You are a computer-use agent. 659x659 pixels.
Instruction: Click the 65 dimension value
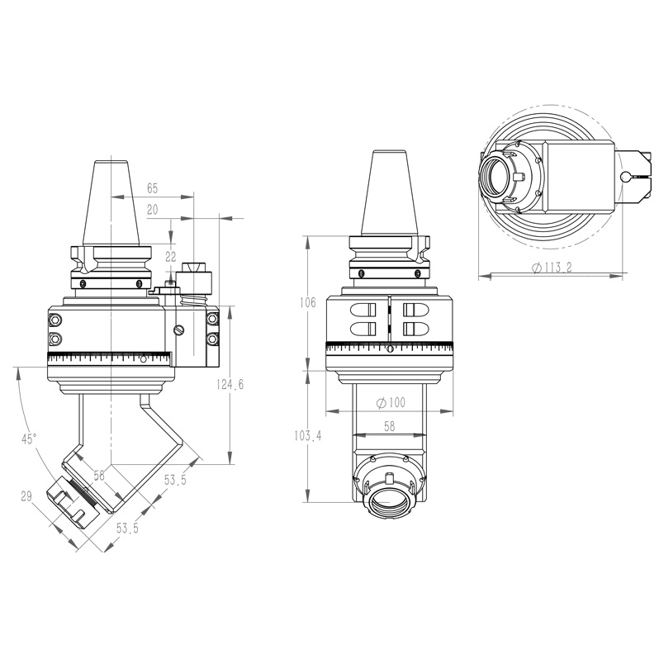coord(152,189)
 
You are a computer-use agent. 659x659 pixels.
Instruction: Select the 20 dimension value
coord(152,210)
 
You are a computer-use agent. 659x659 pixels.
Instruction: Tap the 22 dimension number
coord(171,256)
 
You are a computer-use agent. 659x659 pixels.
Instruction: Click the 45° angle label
coord(30,439)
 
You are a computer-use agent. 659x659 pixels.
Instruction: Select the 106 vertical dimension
coord(307,303)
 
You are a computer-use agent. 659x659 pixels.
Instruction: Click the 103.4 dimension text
coord(307,435)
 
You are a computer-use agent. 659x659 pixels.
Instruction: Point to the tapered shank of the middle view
coord(388,194)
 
